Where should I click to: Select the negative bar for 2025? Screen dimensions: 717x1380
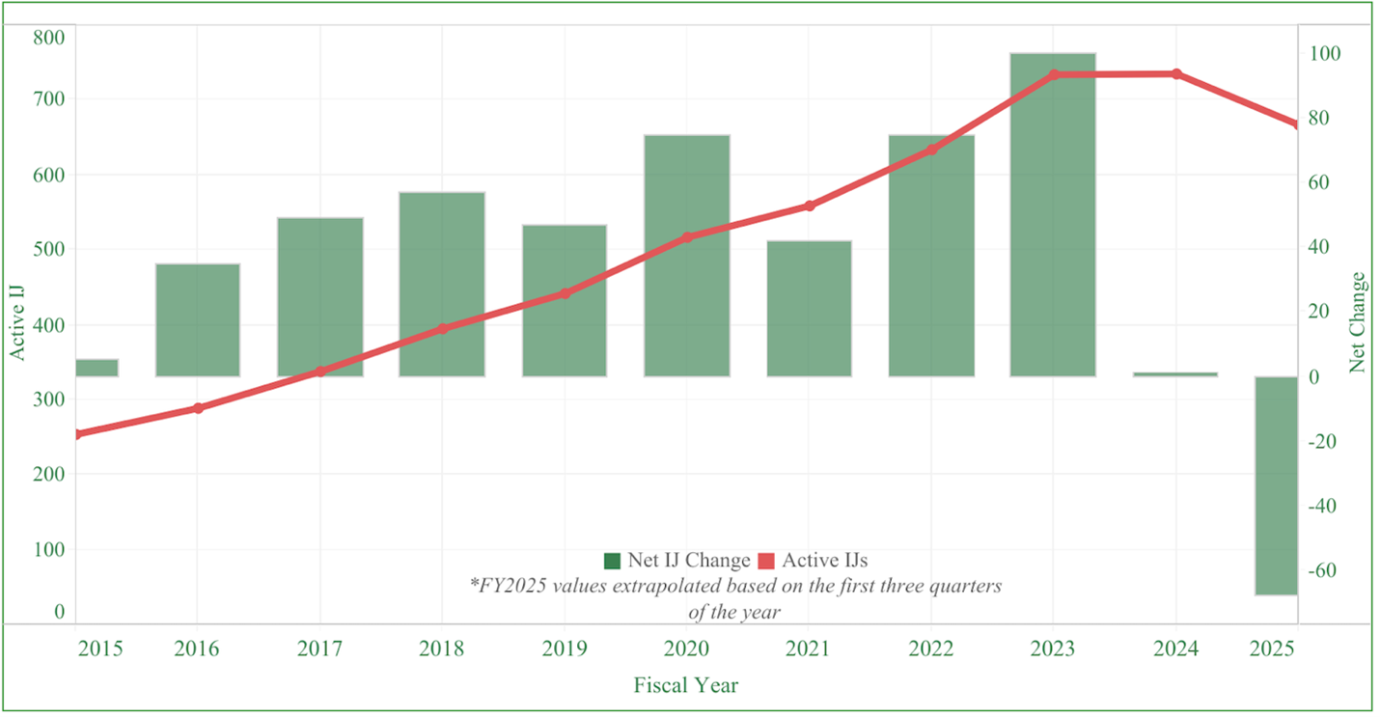point(1276,485)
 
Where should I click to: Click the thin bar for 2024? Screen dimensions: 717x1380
point(1175,373)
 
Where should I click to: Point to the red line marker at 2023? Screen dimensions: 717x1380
point(1054,74)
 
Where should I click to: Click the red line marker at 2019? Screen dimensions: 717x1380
point(565,293)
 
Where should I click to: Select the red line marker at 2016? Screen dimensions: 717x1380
point(198,408)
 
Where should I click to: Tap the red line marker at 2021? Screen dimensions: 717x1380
point(809,206)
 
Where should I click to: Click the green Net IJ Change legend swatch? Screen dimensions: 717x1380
point(612,561)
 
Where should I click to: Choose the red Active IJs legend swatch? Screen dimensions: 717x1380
point(766,561)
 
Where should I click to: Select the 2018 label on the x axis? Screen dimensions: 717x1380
point(442,648)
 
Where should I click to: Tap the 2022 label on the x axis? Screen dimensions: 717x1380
point(931,648)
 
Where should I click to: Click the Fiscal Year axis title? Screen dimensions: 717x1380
point(686,685)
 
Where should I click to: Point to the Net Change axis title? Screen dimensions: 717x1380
point(1359,322)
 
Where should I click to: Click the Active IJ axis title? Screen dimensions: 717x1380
point(17,322)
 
